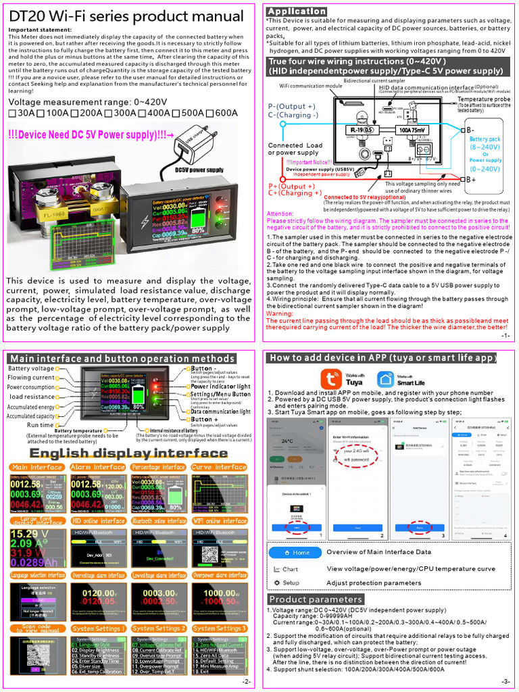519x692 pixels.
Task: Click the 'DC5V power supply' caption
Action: click(x=199, y=170)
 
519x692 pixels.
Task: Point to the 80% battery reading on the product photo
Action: click(x=198, y=230)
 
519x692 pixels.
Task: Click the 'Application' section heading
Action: click(x=296, y=11)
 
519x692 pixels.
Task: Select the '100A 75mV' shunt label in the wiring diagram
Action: click(x=412, y=129)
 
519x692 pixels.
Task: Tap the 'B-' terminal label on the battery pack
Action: click(x=470, y=130)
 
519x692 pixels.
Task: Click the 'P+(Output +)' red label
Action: click(x=292, y=186)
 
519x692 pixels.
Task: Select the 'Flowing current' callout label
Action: click(x=30, y=378)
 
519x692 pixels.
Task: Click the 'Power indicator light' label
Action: click(x=220, y=387)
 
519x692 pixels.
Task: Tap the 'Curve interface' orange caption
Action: click(x=220, y=467)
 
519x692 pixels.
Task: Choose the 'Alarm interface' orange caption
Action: click(x=99, y=467)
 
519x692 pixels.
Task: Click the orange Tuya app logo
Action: click(x=331, y=378)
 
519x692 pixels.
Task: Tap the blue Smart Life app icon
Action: click(x=386, y=378)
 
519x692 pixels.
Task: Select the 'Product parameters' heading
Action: click(x=316, y=599)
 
